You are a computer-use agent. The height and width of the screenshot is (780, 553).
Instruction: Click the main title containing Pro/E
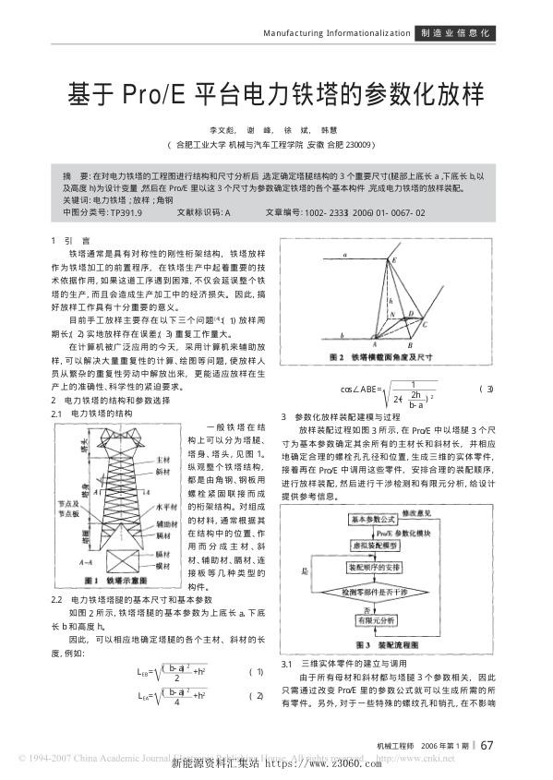click(276, 93)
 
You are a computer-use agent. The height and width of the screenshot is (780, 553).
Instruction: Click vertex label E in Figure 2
click(391, 260)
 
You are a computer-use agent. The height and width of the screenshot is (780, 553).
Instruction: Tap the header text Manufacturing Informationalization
click(336, 33)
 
